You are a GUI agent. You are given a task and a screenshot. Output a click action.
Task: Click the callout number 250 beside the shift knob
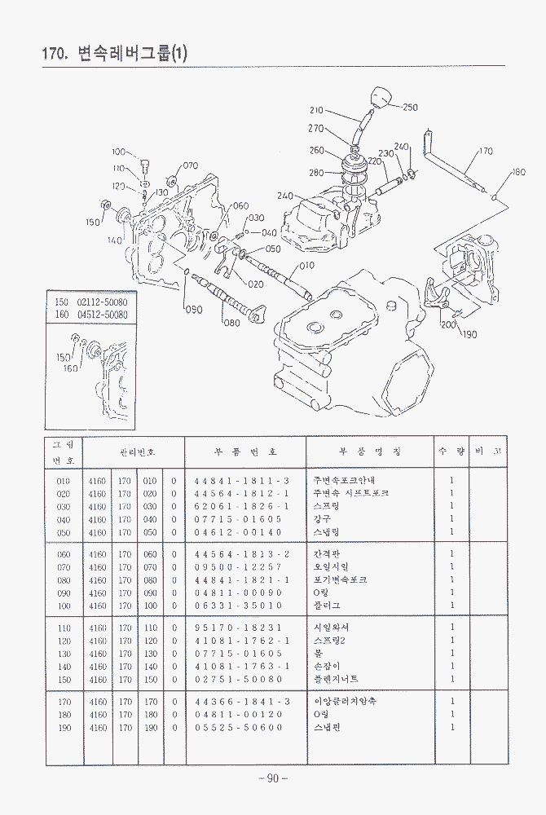coord(409,108)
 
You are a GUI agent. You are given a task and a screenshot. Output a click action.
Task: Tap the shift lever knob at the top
coord(380,97)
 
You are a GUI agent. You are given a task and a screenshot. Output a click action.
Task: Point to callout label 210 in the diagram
coord(317,110)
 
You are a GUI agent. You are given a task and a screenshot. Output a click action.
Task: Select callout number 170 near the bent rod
coord(486,152)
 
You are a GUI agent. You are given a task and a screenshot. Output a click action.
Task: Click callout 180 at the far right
coord(518,173)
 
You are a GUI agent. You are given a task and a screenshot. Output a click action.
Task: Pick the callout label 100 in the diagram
coord(119,152)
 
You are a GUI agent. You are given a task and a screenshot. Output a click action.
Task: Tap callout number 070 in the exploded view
coord(190,165)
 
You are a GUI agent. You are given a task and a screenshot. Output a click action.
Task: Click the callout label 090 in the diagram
coord(193,309)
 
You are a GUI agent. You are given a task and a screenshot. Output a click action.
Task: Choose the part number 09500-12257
coord(238,567)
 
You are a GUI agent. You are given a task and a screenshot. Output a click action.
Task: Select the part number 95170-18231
coord(238,628)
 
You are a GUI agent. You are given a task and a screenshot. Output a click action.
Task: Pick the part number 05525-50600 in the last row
coord(238,727)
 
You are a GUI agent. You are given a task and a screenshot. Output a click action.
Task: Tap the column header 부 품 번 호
coord(245,451)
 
